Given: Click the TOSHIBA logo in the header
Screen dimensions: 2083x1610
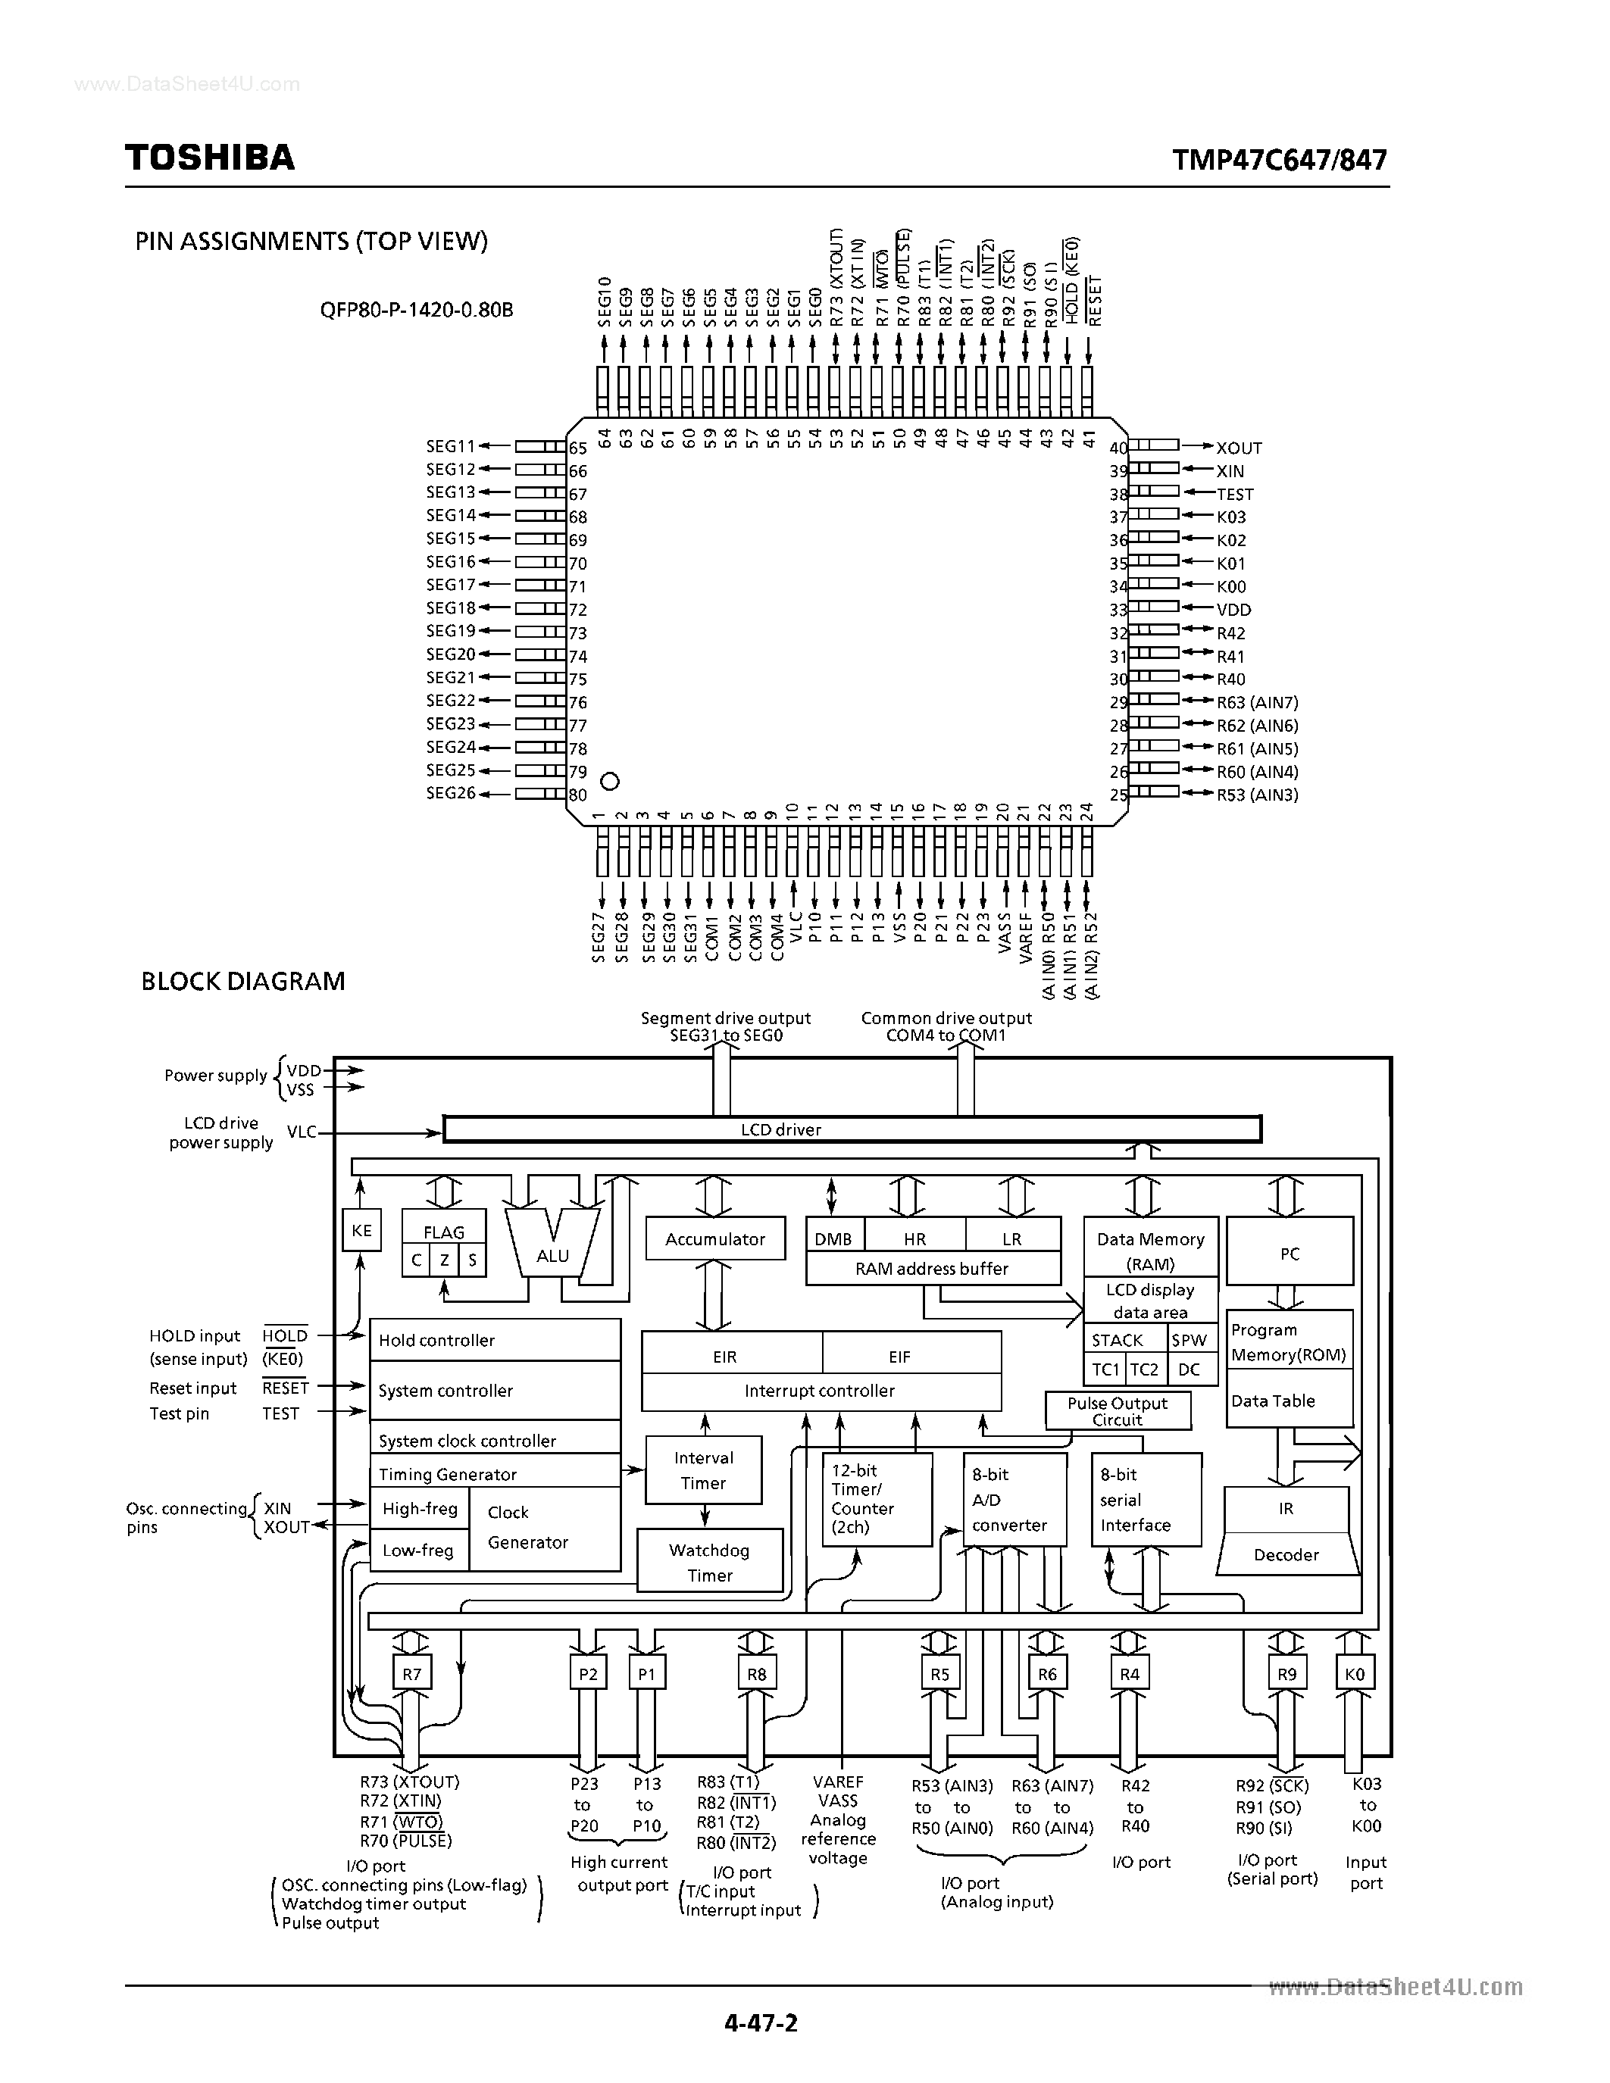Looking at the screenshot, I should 210,158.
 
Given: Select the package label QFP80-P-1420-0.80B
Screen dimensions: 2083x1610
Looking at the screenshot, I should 417,310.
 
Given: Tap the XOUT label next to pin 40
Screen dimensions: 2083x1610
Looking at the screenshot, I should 1238,448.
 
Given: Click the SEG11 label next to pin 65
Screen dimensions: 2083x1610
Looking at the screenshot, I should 450,446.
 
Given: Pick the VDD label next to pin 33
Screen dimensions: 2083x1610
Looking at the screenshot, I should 1233,610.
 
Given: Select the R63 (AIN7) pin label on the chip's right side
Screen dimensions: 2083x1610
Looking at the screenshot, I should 1257,702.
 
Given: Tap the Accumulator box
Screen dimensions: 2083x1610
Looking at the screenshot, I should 715,1239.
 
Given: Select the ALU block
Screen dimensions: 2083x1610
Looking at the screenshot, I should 552,1255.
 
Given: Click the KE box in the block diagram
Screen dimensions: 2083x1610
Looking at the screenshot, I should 361,1230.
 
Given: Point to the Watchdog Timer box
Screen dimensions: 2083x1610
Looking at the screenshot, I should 710,1562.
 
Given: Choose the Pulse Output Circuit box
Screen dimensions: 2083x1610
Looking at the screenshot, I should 1117,1410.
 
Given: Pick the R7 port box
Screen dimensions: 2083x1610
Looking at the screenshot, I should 411,1674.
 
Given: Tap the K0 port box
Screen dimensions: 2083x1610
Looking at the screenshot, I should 1355,1674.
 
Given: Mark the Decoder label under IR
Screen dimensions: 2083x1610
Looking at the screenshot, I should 1286,1554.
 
